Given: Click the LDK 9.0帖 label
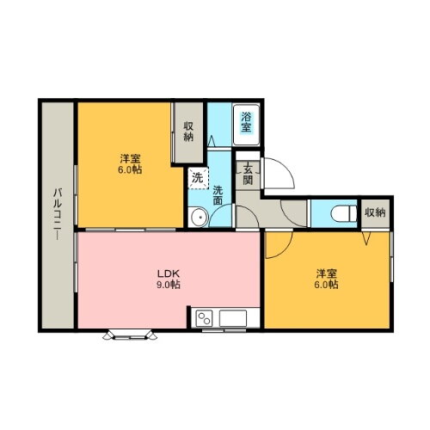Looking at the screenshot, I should [168, 279].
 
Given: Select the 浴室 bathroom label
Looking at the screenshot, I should [247, 122].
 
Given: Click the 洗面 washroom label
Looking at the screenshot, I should [218, 195].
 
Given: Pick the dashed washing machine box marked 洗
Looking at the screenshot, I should [198, 179].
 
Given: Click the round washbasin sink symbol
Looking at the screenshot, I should [198, 217].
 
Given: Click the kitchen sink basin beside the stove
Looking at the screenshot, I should [233, 319].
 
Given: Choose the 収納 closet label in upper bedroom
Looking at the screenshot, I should [188, 132].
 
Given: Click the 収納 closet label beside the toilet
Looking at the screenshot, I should [374, 212].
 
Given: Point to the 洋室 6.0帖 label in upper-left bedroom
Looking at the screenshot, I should [131, 163].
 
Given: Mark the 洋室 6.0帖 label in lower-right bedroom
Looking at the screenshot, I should [327, 279].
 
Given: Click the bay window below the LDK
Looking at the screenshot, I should [131, 334].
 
